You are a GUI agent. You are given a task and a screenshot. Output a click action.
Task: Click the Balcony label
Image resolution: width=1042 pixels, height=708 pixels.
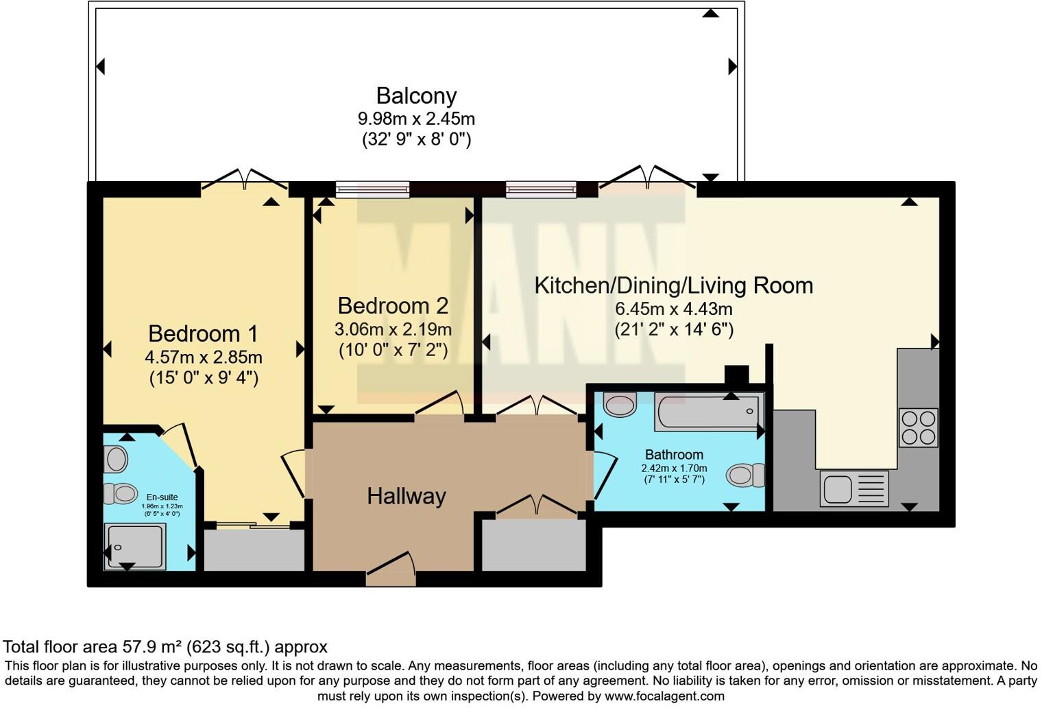click(x=416, y=96)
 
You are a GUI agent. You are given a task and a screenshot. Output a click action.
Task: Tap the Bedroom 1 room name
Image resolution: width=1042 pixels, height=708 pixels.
click(x=203, y=333)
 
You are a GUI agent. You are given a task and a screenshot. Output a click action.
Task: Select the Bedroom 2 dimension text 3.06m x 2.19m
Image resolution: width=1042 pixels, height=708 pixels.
click(x=393, y=329)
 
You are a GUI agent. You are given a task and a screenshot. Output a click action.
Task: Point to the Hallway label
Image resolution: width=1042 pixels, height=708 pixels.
click(x=407, y=496)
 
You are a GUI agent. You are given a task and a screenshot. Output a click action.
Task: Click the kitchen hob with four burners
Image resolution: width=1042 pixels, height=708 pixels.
click(x=919, y=428)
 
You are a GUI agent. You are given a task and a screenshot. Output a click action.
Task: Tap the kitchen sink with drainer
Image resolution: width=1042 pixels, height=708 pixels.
click(x=854, y=488)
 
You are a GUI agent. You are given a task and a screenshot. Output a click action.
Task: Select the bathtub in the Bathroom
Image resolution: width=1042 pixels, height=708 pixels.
click(x=709, y=412)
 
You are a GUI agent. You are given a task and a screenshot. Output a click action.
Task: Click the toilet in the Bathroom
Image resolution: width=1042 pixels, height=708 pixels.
click(x=745, y=475)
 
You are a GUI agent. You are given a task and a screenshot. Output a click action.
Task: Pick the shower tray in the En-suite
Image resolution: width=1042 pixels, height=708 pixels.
click(x=135, y=547)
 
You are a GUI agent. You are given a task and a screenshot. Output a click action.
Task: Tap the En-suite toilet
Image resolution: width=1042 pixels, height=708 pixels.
click(x=120, y=493)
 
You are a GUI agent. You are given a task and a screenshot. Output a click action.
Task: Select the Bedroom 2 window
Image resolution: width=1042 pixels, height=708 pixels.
click(x=373, y=189)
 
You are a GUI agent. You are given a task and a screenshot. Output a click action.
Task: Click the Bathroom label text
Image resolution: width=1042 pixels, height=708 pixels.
click(x=674, y=454)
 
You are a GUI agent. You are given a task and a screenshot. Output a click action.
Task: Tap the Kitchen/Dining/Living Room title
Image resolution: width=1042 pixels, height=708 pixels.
click(x=674, y=285)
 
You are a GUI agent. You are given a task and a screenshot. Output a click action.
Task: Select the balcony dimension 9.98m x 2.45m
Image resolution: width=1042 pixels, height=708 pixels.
click(x=416, y=119)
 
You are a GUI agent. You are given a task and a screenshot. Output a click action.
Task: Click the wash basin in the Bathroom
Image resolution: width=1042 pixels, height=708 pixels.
click(x=620, y=404)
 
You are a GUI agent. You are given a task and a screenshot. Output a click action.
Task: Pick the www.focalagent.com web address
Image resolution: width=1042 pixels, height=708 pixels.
click(x=664, y=696)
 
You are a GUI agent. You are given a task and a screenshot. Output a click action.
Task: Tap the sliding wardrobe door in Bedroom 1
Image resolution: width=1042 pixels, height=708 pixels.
click(x=253, y=525)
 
